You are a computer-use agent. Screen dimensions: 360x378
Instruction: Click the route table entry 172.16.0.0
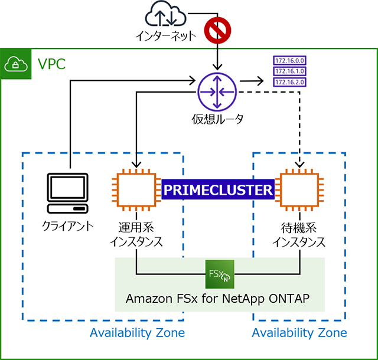click(x=289, y=61)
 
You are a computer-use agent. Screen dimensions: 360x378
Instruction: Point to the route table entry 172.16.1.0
click(x=289, y=71)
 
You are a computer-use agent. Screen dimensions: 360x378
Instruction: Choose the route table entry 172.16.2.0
click(x=289, y=81)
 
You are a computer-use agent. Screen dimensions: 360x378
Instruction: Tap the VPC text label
click(x=51, y=63)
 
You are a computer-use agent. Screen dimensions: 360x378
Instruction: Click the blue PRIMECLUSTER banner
click(x=219, y=190)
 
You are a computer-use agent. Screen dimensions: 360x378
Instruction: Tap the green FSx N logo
click(x=220, y=274)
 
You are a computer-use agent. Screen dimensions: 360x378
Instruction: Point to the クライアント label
click(x=68, y=225)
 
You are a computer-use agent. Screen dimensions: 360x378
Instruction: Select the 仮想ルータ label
click(x=217, y=120)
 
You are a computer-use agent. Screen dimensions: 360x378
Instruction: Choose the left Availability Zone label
click(x=137, y=333)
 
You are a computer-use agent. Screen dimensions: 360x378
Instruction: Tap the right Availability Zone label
click(x=299, y=333)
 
